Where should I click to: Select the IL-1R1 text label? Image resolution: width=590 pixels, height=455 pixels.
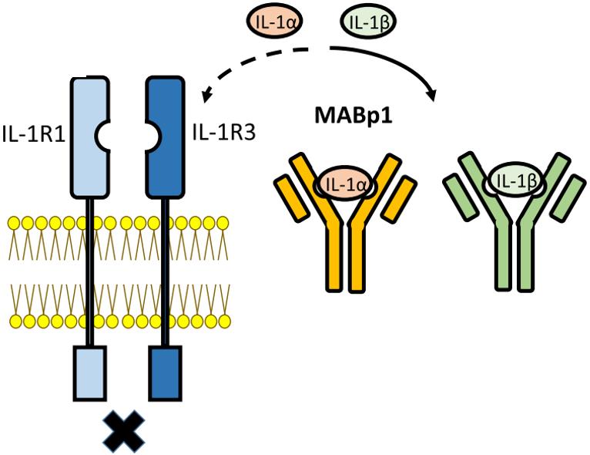33,137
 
